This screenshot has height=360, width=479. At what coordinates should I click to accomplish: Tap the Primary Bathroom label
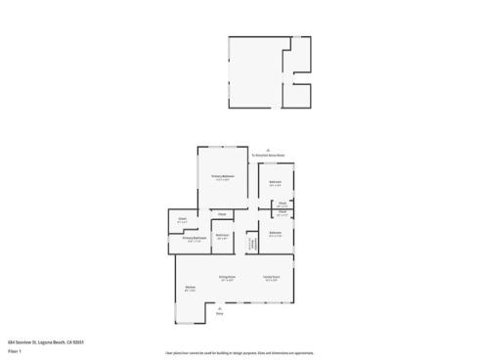pos(194,237)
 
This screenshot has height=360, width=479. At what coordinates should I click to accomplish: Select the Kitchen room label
pos(191,287)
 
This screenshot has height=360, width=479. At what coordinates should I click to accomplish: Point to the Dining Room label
pos(225,277)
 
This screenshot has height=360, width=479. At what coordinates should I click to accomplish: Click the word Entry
pos(220,313)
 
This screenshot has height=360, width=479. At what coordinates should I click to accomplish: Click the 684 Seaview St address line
pos(36,332)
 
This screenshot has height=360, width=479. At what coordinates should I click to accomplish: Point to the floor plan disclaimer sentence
pos(239,350)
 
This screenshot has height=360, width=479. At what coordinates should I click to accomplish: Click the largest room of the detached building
pos(254,73)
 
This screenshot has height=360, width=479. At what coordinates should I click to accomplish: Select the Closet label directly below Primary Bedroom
pos(221,214)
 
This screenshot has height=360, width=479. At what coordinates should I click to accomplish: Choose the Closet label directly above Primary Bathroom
pos(182,218)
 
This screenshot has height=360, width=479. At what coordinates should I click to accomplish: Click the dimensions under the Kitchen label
pos(191,291)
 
